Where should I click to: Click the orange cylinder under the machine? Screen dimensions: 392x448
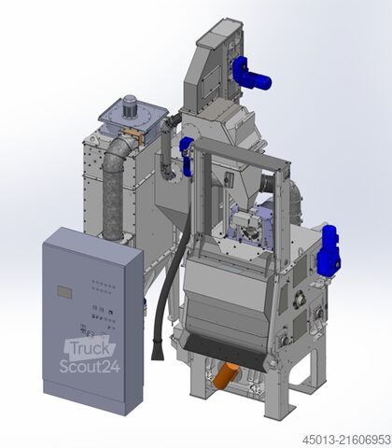pos(225,375)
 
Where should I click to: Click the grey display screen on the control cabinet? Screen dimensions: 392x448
pos(64,292)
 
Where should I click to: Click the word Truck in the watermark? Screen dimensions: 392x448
pos(90,349)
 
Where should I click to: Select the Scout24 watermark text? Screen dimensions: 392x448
pos(90,366)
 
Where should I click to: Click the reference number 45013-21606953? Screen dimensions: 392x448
pos(346,440)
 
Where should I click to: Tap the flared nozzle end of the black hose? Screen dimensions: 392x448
pos(158,351)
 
